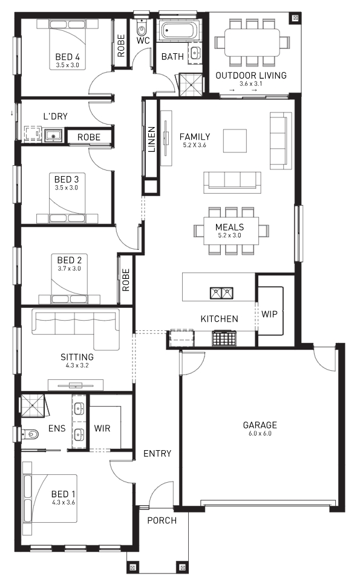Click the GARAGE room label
coord(260,425)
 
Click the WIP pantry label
coord(269,314)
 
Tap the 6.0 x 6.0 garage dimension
coord(260,434)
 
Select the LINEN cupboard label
coord(151,140)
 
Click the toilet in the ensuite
coord(30,434)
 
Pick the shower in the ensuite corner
coord(33,406)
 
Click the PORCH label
coord(162,521)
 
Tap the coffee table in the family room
coord(235,141)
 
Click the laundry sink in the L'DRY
coord(54,136)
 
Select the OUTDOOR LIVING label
coord(251,76)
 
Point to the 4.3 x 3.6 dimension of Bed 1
coord(64,502)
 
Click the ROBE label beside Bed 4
coord(121,45)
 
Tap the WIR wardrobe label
coord(102,428)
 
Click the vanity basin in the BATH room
coord(195,53)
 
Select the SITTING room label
coord(77,357)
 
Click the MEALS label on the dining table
coord(230,227)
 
